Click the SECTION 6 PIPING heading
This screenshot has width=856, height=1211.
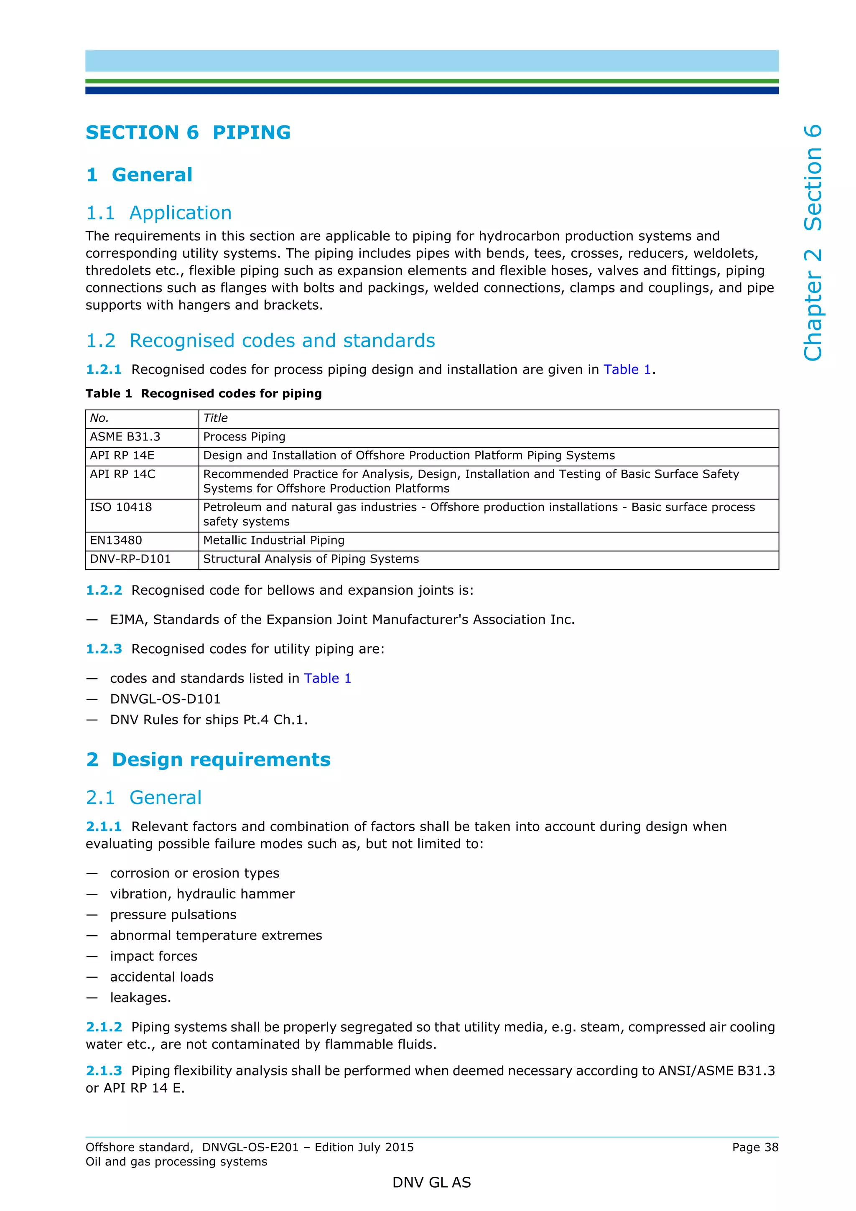click(188, 132)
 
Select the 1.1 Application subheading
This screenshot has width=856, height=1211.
click(159, 213)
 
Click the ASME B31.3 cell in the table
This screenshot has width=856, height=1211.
click(125, 437)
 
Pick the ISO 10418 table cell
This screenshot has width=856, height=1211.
click(121, 507)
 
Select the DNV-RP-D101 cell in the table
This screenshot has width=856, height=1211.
click(130, 559)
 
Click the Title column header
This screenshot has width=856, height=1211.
click(215, 418)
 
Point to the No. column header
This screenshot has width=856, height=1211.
click(99, 418)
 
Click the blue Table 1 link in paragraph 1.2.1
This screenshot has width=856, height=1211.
click(627, 369)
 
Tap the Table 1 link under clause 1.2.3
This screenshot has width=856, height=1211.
click(327, 678)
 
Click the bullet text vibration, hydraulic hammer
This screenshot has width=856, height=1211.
click(202, 894)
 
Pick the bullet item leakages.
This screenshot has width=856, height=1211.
click(140, 997)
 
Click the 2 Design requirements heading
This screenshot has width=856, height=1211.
click(208, 760)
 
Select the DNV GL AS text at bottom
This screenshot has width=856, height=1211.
click(431, 1183)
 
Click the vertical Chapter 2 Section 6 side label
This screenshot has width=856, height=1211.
click(813, 243)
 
